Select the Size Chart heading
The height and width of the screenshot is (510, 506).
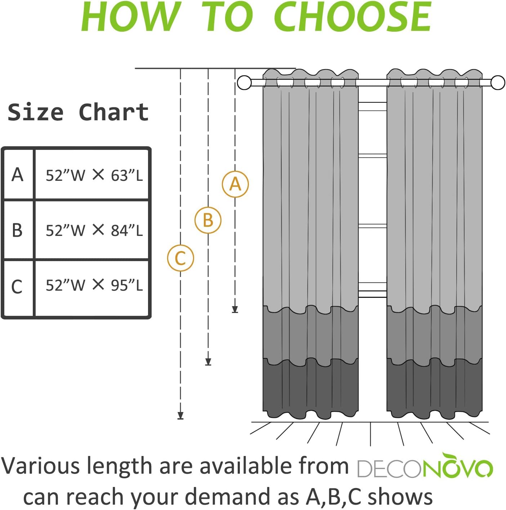(78, 112)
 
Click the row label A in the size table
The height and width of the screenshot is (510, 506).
(17, 175)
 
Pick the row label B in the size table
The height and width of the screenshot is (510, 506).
(17, 230)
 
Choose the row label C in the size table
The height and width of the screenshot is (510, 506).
(17, 287)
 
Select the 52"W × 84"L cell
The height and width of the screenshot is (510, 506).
(94, 230)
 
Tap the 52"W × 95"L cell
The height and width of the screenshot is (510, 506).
(94, 285)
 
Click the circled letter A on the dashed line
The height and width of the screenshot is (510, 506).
(235, 184)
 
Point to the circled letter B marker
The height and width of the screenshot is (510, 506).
(208, 220)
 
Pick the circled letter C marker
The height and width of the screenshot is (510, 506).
(180, 258)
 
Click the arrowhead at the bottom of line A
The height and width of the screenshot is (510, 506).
(235, 309)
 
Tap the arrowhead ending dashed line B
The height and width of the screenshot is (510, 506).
(208, 362)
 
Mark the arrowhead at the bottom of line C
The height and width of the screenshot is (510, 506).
(180, 415)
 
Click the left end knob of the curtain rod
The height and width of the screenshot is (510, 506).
(245, 83)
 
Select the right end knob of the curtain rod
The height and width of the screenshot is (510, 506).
(498, 83)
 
